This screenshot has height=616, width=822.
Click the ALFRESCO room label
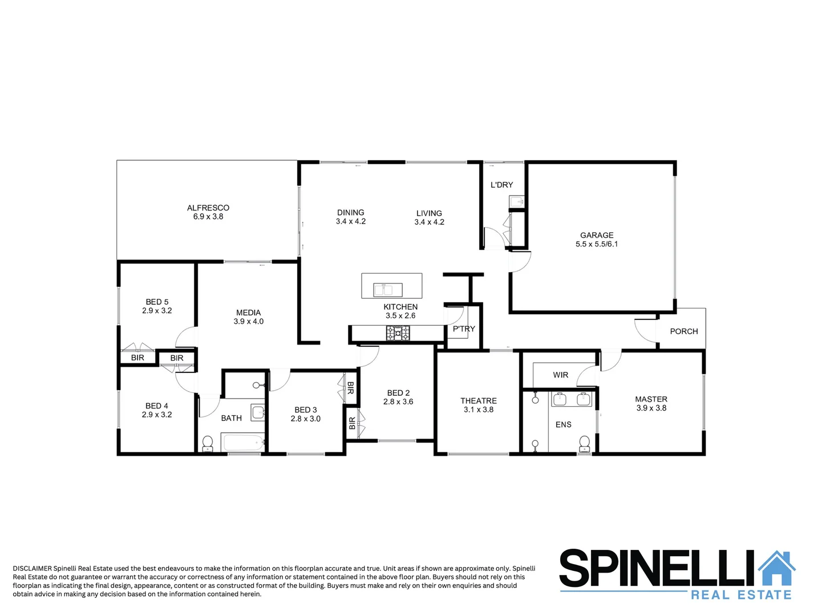click(208, 208)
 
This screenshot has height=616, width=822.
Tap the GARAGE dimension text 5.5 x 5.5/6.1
click(597, 244)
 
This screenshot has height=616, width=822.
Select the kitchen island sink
click(388, 290)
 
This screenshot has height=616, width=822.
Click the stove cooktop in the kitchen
click(398, 333)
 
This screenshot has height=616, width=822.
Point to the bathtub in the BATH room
click(242, 442)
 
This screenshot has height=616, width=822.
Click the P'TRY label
click(464, 329)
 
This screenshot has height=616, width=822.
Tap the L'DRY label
click(501, 185)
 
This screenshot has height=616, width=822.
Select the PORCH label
click(683, 331)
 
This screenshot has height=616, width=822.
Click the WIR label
click(560, 375)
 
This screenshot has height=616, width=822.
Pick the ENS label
click(563, 425)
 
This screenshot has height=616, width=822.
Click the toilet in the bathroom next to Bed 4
click(208, 443)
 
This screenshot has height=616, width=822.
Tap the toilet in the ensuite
click(584, 443)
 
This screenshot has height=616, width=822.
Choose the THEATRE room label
click(478, 401)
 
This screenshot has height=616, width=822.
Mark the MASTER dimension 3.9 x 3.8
click(651, 408)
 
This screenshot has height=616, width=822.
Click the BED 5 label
click(157, 302)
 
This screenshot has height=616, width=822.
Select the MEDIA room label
click(248, 313)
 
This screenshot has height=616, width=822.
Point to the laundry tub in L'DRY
click(517, 202)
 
